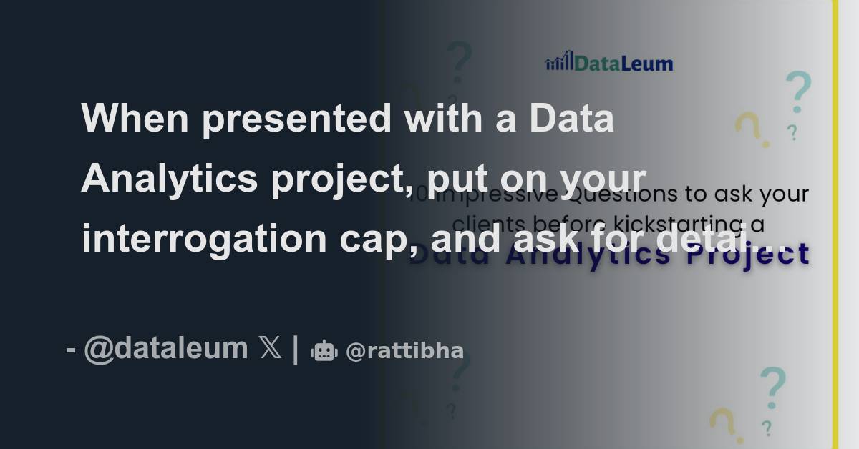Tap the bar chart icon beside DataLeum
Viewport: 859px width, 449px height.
point(559,61)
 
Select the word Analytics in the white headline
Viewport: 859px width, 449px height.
point(169,178)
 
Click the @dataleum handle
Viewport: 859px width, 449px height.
point(165,349)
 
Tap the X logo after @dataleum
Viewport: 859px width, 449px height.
point(270,349)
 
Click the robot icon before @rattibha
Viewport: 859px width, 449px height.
point(324,350)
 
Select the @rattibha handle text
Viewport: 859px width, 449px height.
point(404,351)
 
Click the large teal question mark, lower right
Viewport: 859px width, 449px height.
point(772,387)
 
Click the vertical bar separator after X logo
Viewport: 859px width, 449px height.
point(296,349)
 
